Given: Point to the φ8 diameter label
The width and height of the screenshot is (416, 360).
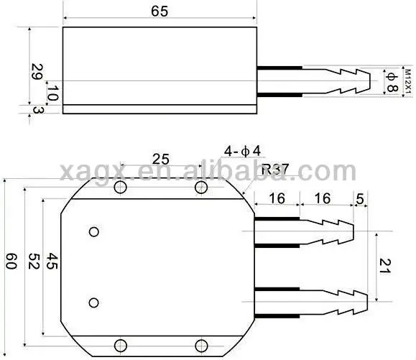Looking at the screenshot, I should click(x=391, y=83).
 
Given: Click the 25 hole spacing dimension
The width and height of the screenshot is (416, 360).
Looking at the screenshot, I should click(x=161, y=160).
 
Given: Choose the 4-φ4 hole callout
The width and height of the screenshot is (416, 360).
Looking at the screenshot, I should click(x=244, y=152).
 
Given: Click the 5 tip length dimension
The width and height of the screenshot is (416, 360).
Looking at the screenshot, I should click(x=359, y=197).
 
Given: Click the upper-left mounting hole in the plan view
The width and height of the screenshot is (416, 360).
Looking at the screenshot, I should click(x=120, y=188).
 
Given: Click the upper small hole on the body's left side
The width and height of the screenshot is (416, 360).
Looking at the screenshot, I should click(x=93, y=231).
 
